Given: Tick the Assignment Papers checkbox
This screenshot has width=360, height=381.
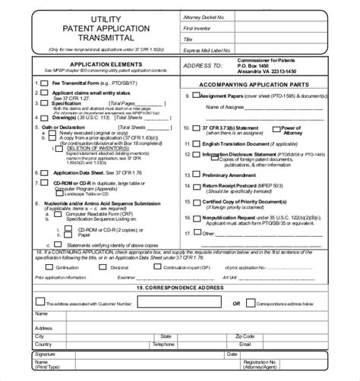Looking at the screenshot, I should click(x=197, y=96).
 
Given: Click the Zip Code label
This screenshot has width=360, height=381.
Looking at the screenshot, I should click(x=245, y=335).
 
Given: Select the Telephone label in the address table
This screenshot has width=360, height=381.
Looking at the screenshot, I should click(x=163, y=343).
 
